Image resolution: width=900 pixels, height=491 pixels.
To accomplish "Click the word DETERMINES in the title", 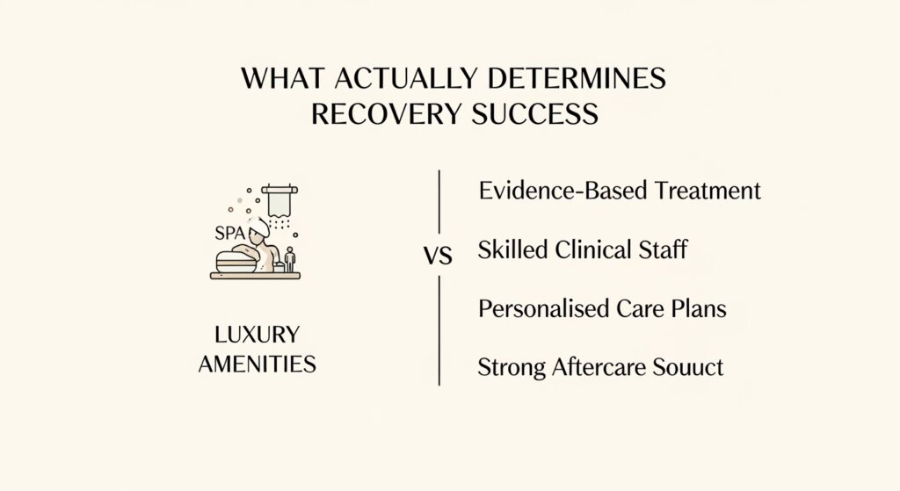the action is pos(577,78).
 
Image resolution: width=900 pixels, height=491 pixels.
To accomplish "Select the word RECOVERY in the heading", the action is pos(386,113).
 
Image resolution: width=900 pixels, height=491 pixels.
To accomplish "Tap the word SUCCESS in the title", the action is pos(535,113).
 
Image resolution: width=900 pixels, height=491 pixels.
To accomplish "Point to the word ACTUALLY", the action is pos(405,78).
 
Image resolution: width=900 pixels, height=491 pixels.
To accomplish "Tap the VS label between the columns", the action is pos(438,256).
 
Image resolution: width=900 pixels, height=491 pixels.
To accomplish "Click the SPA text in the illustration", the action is pos(229,233).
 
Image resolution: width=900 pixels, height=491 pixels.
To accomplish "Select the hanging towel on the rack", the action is pos(279,201).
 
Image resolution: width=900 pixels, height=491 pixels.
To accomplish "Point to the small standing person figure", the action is pos(290,259).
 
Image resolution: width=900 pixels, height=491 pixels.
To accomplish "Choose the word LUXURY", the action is pos(258,335).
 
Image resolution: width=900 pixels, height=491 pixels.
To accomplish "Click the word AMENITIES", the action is pos(258,365).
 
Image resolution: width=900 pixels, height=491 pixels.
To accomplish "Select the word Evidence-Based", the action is pos(563,191).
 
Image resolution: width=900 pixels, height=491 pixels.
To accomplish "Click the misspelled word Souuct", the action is pos(680,367).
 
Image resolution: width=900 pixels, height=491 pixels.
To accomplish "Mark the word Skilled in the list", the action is pos(512,250).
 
